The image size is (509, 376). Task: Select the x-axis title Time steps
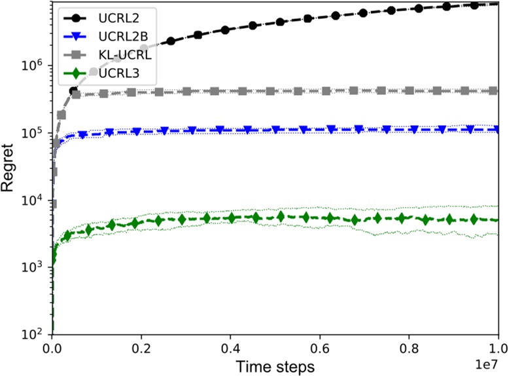point(275,366)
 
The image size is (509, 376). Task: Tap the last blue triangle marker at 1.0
point(498,130)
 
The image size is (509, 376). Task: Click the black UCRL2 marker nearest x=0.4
point(225,30)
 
